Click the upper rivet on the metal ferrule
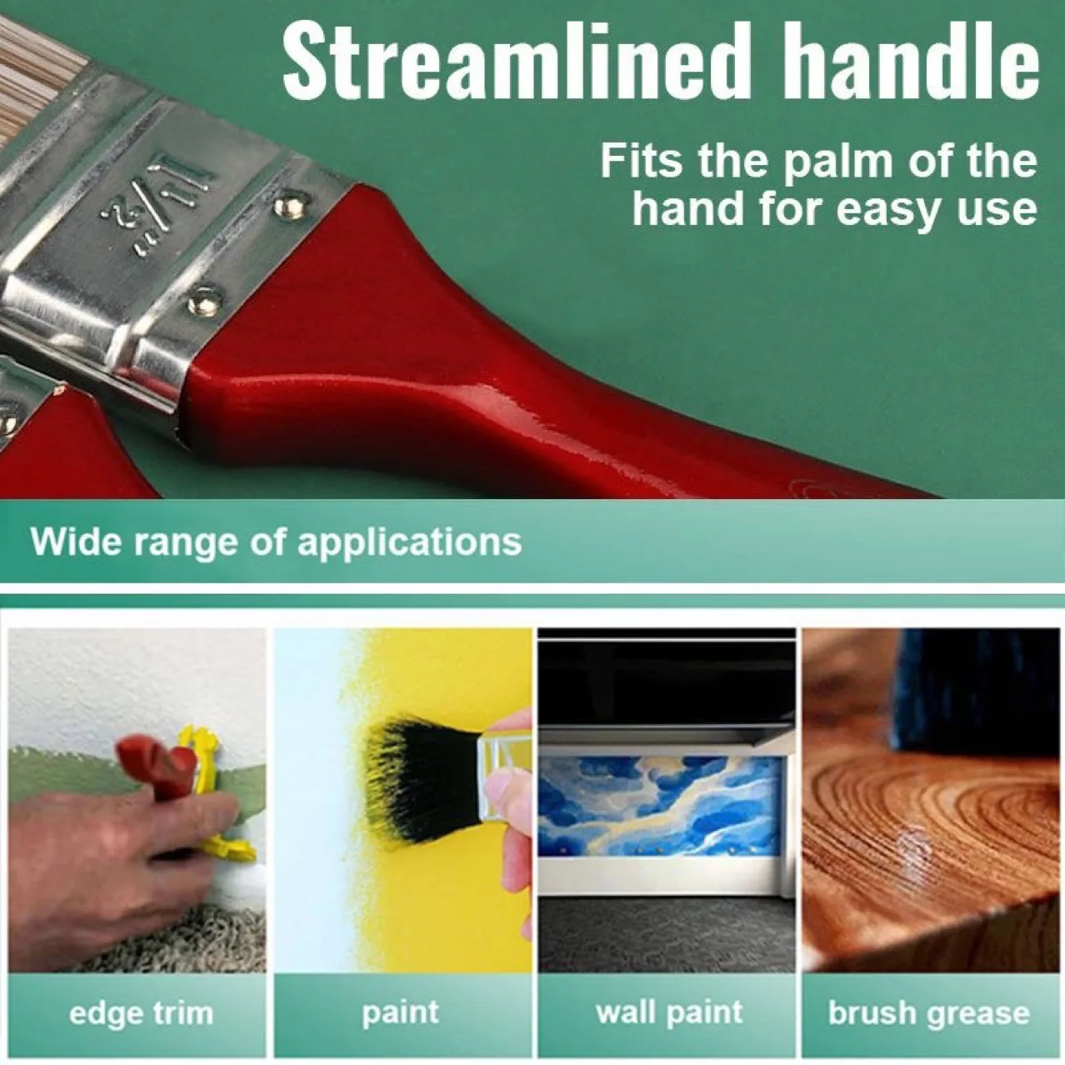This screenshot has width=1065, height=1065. click(x=291, y=202)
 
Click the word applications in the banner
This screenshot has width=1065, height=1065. click(x=408, y=542)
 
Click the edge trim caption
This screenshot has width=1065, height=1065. click(x=140, y=1013)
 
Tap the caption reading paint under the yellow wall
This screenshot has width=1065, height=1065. click(x=400, y=1012)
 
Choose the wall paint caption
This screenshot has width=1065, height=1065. click(x=668, y=1012)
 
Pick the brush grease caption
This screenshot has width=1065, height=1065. click(x=928, y=1013)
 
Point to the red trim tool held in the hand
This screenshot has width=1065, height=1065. click(x=154, y=771)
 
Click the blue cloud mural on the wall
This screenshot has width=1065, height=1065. click(x=658, y=804)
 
